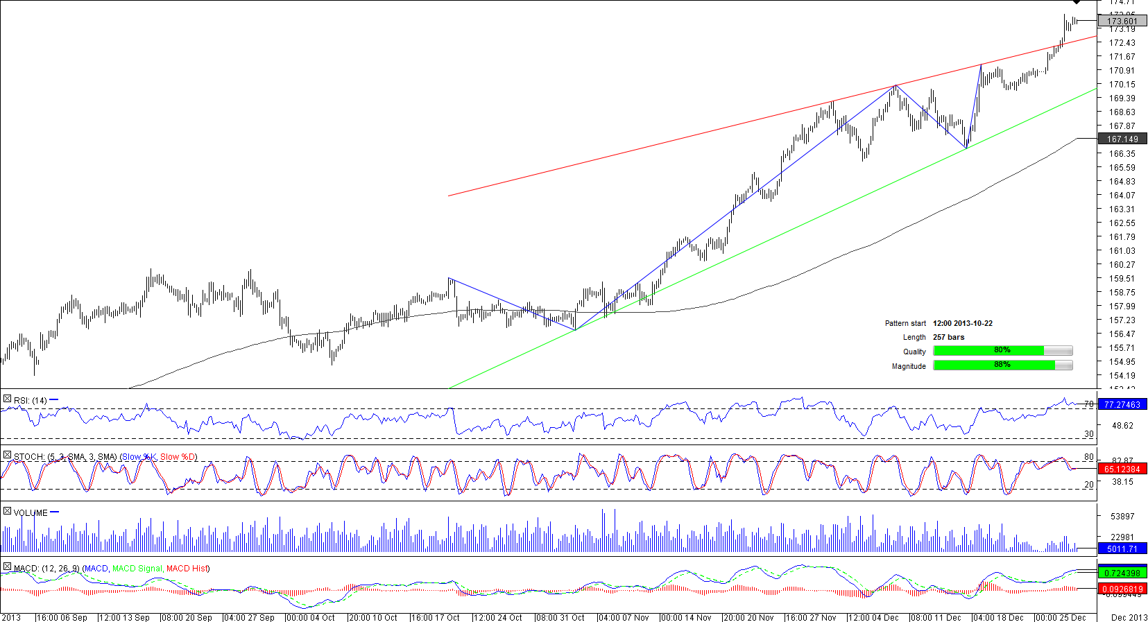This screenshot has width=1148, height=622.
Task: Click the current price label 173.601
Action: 1122,21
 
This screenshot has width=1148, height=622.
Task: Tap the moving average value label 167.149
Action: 1122,139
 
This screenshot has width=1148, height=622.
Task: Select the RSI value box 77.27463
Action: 1122,404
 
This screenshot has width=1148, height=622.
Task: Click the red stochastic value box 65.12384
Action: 1122,469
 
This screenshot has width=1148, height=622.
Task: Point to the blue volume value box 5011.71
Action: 1122,548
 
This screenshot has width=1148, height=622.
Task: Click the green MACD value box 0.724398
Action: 1122,573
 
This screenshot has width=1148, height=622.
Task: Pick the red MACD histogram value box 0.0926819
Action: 1122,589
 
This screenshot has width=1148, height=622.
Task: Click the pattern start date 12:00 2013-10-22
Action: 962,323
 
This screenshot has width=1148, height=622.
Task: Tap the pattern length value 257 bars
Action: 948,337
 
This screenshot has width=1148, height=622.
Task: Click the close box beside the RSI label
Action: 7,399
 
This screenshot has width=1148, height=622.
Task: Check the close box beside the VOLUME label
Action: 7,512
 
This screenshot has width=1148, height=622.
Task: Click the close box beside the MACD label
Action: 7,567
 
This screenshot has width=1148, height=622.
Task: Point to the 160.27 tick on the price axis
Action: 1122,264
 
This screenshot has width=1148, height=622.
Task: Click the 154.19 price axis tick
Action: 1122,375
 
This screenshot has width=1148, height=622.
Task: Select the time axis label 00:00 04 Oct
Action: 310,617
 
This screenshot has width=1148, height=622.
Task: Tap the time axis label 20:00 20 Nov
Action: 748,617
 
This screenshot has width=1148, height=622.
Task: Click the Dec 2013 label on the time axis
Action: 1129,617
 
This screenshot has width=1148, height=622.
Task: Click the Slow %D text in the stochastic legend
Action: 178,457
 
